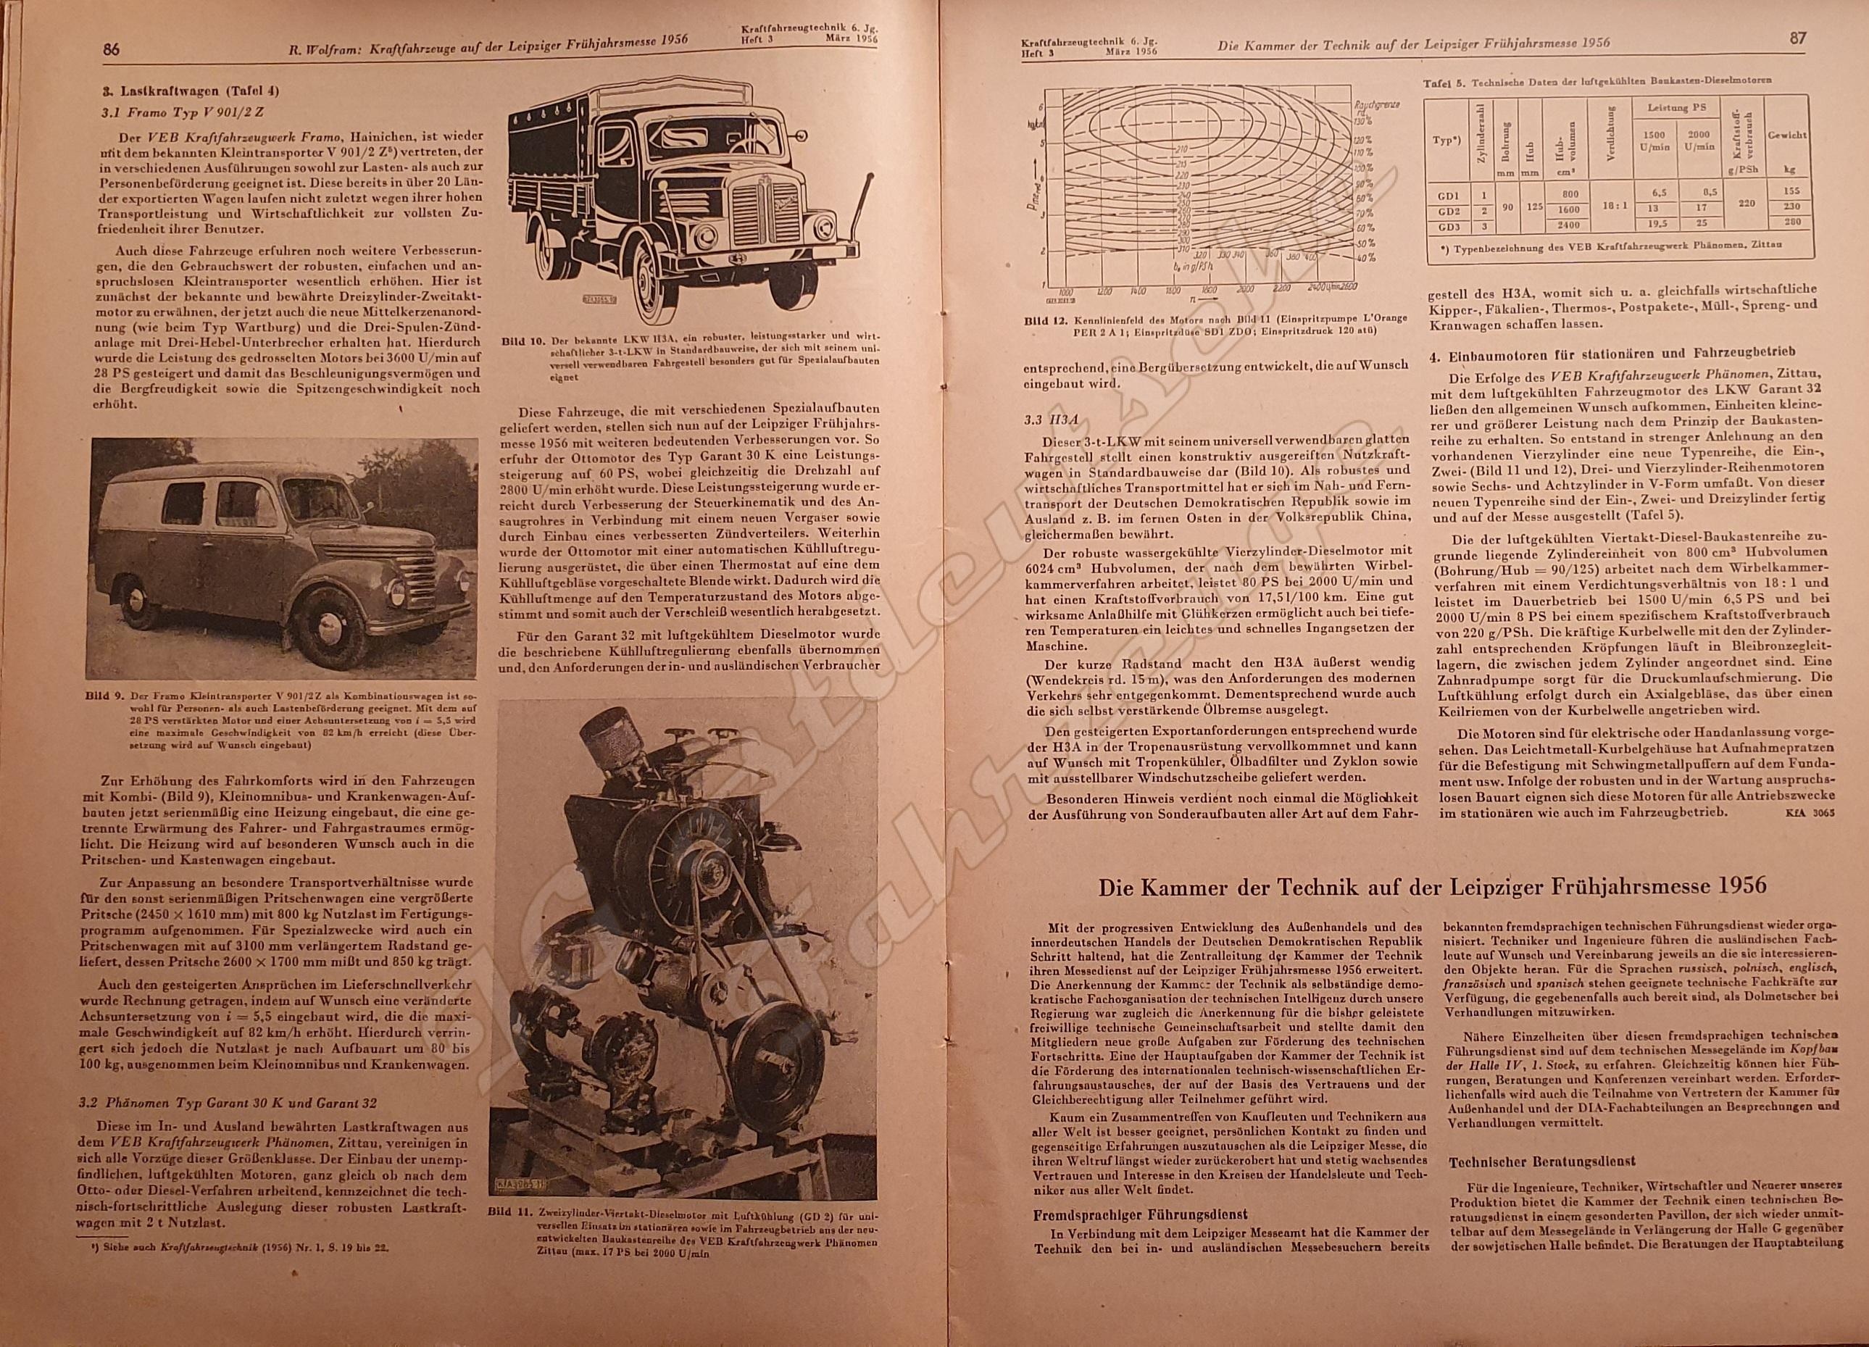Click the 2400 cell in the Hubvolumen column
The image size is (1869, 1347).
tap(1562, 224)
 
